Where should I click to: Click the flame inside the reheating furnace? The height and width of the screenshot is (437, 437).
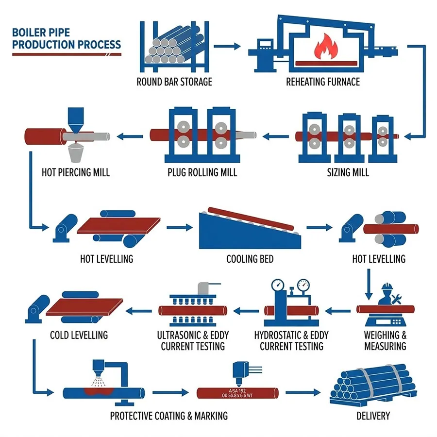[x=321, y=48]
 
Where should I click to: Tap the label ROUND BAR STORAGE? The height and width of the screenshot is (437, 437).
[x=174, y=82]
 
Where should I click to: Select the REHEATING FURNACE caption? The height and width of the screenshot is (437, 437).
[x=323, y=82]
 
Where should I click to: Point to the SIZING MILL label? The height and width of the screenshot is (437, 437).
[x=348, y=172]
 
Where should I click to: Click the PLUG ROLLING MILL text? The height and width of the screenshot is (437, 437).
[x=202, y=172]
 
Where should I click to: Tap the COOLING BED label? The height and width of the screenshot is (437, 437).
[x=250, y=258]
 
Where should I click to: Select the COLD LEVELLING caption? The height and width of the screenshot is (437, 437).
[x=79, y=335]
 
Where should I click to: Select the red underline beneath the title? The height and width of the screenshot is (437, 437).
[x=67, y=54]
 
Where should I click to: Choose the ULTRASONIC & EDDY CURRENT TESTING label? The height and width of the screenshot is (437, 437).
[x=193, y=340]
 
